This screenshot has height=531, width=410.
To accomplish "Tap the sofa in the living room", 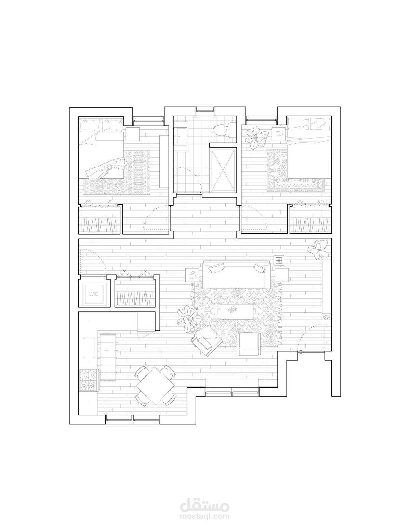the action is pos(237,275).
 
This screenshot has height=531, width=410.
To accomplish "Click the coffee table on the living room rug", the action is pos(237,311).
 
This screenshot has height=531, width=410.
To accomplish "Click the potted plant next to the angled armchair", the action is pos(188,319).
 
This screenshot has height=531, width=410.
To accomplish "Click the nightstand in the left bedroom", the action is pos(133,134).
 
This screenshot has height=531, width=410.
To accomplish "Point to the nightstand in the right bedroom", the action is pos(279,134).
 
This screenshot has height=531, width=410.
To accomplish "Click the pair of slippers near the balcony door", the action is pos(326,318).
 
